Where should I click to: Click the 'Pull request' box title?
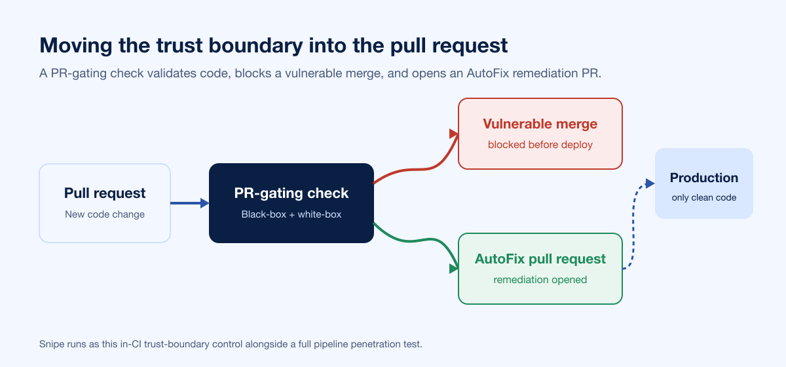pyautogui.click(x=105, y=193)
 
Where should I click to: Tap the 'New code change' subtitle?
pyautogui.click(x=105, y=214)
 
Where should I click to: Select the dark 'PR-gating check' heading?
pyautogui.click(x=291, y=193)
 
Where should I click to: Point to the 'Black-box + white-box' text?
pyautogui.click(x=291, y=214)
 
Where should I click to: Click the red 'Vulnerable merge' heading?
pyautogui.click(x=540, y=124)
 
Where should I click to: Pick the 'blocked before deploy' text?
pyautogui.click(x=540, y=145)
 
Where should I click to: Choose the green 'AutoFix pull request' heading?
pyautogui.click(x=540, y=259)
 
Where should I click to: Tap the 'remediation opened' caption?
pyautogui.click(x=540, y=280)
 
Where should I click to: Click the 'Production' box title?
pyautogui.click(x=704, y=178)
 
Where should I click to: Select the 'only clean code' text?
pyautogui.click(x=704, y=197)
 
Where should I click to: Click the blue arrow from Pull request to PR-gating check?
pyautogui.click(x=189, y=203)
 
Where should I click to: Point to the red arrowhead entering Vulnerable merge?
pyautogui.click(x=454, y=134)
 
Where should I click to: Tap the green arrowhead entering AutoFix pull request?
pyautogui.click(x=454, y=269)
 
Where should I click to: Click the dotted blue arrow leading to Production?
pyautogui.click(x=633, y=225)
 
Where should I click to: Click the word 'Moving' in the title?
pyautogui.click(x=76, y=46)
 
